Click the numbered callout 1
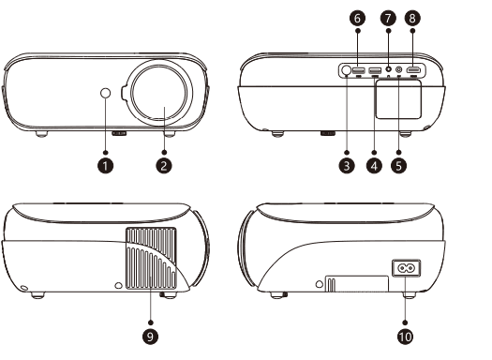pos(105,166)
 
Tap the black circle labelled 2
pos(164,166)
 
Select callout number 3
pos(347,166)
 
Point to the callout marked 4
pos(374,166)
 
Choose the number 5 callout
pos(399,166)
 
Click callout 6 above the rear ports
pos(358,18)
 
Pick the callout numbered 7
pos(389,18)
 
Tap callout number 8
pos(412,18)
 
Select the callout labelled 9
pos(151,337)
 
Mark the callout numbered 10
pos(405,337)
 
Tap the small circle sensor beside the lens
pos(105,93)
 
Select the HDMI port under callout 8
pos(413,70)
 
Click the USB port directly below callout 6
pos(359,70)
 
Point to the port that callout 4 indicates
pos(375,70)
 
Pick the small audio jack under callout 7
pos(389,68)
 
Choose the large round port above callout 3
pos(347,70)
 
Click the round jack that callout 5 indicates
pos(399,69)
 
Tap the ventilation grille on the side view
pos(151,258)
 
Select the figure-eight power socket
pos(407,268)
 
